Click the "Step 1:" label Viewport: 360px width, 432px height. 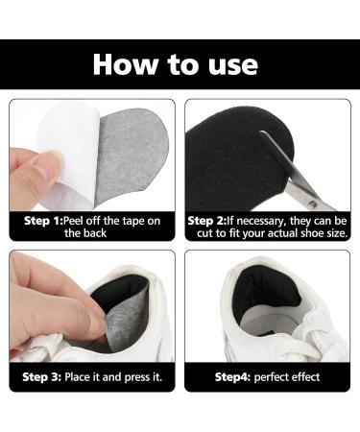coord(43,221)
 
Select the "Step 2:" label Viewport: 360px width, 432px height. coord(207,221)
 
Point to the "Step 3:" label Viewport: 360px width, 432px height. coord(41,377)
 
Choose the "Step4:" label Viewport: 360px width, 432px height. coord(232,377)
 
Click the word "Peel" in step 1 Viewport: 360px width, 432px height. coord(73,221)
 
